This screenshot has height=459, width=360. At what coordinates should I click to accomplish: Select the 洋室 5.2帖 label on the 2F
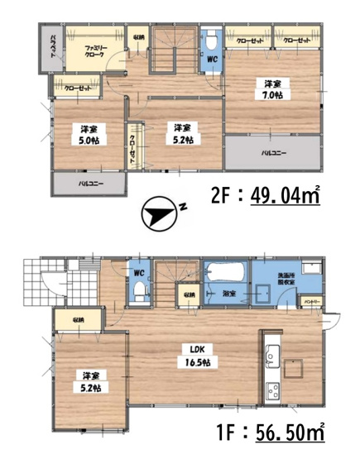pyautogui.click(x=183, y=134)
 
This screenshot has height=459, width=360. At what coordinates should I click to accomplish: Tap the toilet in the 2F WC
pyautogui.click(x=212, y=40)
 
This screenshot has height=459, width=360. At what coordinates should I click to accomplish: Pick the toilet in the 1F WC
pyautogui.click(x=140, y=289)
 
